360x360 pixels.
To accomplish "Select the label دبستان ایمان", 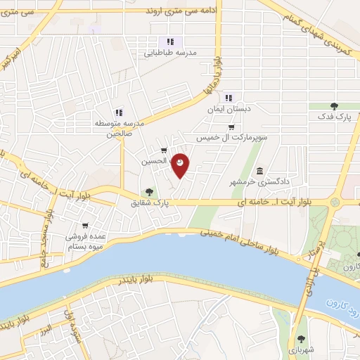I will point(224,110).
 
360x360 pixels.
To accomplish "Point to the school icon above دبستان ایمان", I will point(229,98).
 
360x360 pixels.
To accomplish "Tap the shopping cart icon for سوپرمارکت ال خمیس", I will point(231,127).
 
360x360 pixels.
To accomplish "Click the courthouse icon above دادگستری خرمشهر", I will point(260,172).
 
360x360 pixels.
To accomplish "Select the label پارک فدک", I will point(333,117).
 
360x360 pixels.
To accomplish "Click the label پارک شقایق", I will point(150,203).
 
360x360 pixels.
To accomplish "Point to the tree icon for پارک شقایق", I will point(148,191).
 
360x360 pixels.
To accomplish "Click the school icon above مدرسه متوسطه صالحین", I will point(119,112).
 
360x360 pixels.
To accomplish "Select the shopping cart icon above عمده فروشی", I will point(85,226).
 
